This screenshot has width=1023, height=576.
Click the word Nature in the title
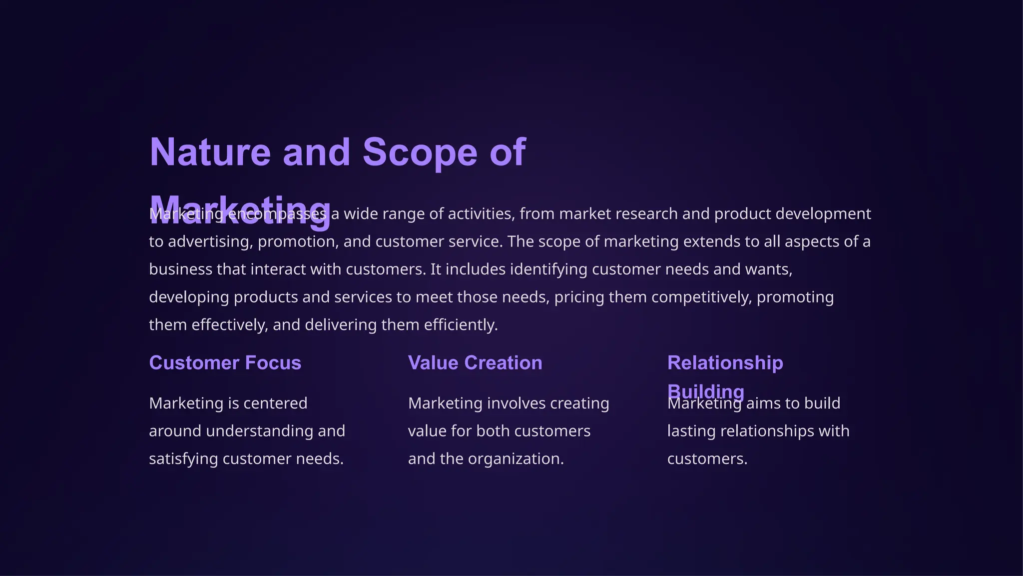pos(210,152)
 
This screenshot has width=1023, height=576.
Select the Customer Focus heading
pos(225,363)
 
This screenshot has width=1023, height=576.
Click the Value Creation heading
pos(475,363)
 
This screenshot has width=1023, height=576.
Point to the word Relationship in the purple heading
pos(725,363)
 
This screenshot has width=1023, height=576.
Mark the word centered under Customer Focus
pos(275,403)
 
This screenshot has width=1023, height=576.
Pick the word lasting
pos(692,431)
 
